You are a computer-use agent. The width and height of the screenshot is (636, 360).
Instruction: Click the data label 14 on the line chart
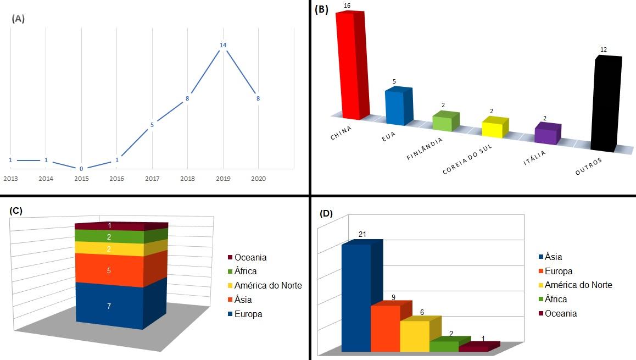click(x=223, y=45)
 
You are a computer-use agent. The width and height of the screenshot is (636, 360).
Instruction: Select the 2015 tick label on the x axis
click(x=81, y=179)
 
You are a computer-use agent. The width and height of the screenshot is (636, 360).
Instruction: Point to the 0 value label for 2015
click(x=81, y=168)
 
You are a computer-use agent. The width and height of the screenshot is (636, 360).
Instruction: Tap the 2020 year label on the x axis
click(x=258, y=179)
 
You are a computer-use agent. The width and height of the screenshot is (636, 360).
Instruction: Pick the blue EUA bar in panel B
click(x=398, y=106)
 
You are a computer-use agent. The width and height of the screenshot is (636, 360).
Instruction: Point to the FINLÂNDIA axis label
click(x=425, y=149)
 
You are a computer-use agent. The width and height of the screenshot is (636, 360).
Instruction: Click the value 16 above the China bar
click(x=347, y=5)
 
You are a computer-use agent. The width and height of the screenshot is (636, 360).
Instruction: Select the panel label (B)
click(x=321, y=9)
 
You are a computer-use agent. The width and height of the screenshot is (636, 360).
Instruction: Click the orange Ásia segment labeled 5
click(x=109, y=271)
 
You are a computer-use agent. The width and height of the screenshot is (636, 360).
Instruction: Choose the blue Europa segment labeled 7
click(x=109, y=306)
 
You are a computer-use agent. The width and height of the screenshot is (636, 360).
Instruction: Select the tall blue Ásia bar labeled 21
click(x=356, y=297)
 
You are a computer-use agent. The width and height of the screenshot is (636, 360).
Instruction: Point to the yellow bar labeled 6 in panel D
click(x=414, y=336)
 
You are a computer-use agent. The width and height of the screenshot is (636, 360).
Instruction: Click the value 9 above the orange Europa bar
click(x=393, y=297)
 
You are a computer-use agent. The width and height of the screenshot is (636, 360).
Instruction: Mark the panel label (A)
click(x=18, y=18)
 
